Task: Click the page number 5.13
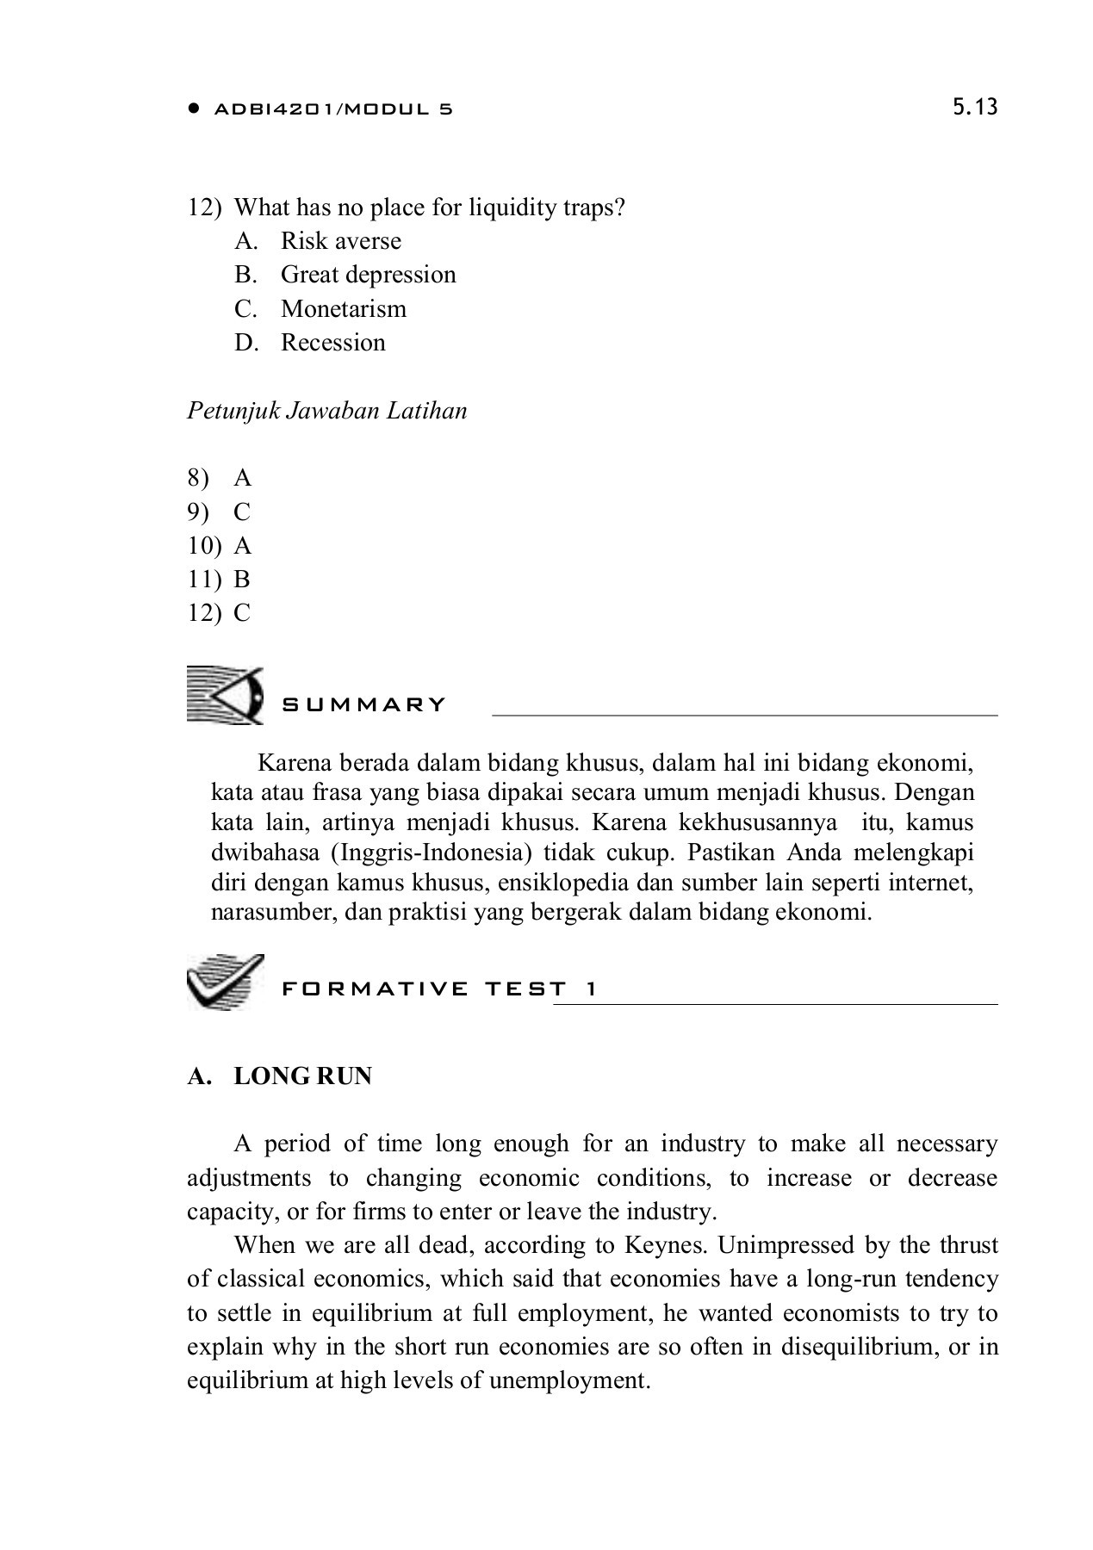(x=975, y=107)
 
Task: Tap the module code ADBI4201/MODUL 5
(x=332, y=109)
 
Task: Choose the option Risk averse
(x=340, y=240)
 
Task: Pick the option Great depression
(x=368, y=275)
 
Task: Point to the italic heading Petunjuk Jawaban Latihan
(x=327, y=411)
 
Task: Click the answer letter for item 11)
(x=241, y=580)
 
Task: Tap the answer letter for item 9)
(x=241, y=512)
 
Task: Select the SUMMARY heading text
(x=363, y=705)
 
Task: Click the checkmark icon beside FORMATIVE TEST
(x=224, y=982)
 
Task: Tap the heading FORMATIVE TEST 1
(x=439, y=989)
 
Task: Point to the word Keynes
(x=662, y=1245)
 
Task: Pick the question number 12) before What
(x=204, y=208)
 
